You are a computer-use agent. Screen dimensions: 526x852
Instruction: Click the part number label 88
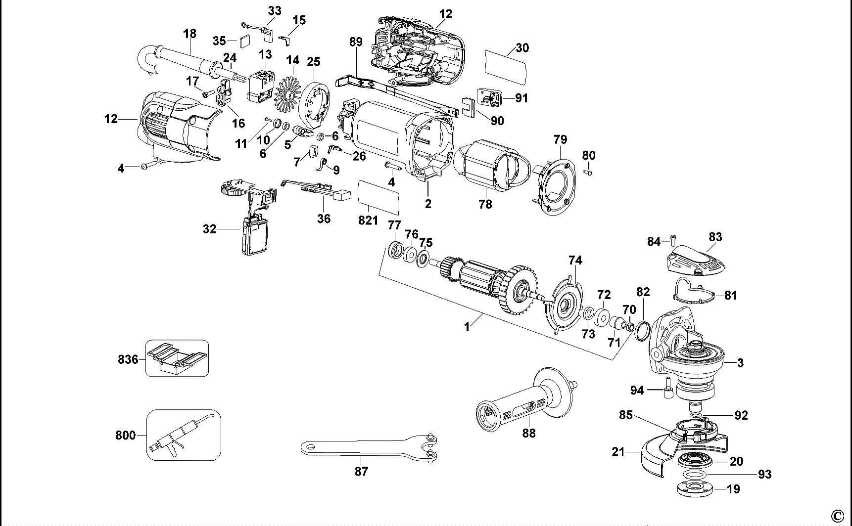pyautogui.click(x=528, y=433)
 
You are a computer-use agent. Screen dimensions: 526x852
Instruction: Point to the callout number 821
pyautogui.click(x=368, y=220)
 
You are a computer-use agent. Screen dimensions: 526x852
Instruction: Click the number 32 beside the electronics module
pyautogui.click(x=210, y=229)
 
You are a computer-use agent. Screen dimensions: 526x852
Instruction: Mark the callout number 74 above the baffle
pyautogui.click(x=575, y=260)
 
